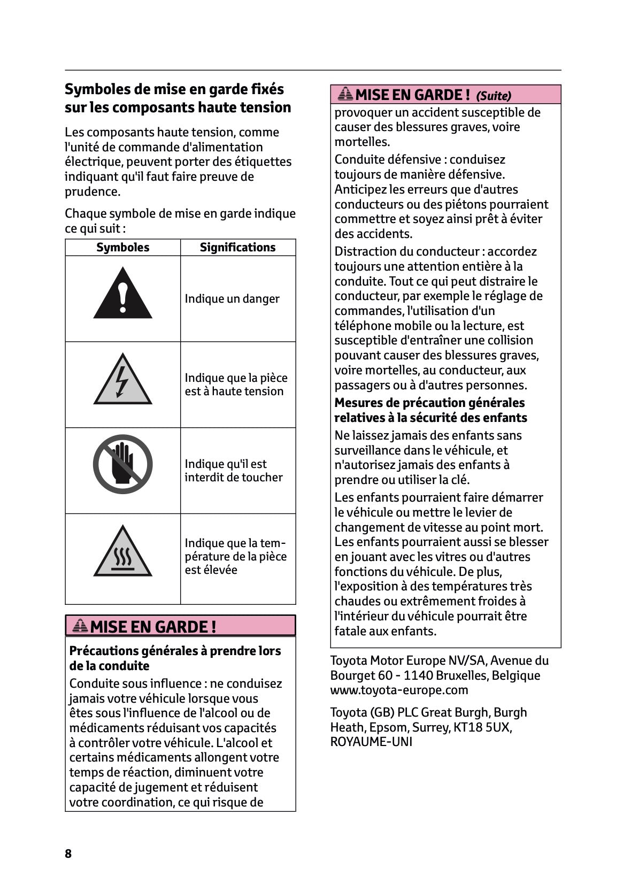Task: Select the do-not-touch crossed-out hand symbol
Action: click(122, 464)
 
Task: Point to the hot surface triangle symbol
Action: click(122, 554)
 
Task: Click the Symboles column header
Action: click(122, 247)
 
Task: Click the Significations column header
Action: click(237, 247)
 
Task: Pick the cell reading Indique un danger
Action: click(232, 299)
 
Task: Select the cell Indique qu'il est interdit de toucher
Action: click(234, 471)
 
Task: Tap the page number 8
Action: click(68, 854)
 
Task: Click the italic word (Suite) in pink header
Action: click(494, 96)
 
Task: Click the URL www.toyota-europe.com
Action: click(399, 690)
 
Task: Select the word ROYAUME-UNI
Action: click(371, 742)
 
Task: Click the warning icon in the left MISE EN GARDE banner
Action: click(80, 626)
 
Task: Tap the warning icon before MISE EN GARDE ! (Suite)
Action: click(345, 94)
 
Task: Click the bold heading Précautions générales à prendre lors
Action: click(175, 651)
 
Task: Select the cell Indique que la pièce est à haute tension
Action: click(236, 385)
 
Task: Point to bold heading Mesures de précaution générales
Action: click(429, 403)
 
